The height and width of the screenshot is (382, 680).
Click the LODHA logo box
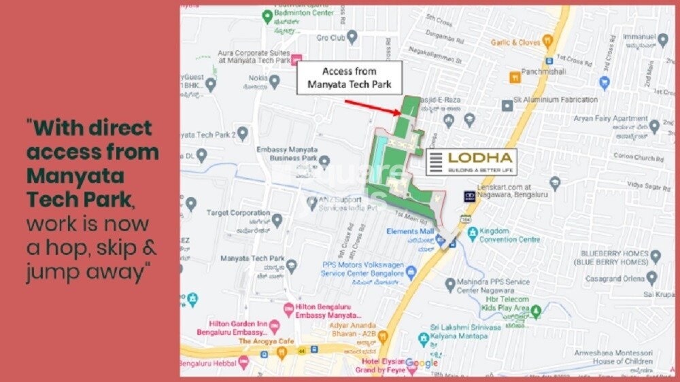click(471, 162)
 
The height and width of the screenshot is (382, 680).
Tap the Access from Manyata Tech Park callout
click(350, 78)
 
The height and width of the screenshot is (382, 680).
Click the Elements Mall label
click(410, 231)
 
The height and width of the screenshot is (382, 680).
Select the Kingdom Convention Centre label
click(509, 235)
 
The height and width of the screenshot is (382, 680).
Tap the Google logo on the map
click(422, 364)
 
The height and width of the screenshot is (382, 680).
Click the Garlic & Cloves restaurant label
click(516, 42)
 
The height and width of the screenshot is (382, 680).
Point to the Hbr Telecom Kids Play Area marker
click(536, 312)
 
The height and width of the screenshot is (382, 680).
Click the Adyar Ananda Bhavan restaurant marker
click(383, 336)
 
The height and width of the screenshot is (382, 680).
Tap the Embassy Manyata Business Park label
click(286, 154)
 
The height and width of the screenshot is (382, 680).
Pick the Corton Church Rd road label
click(636, 157)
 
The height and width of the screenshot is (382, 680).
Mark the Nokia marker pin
click(274, 82)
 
